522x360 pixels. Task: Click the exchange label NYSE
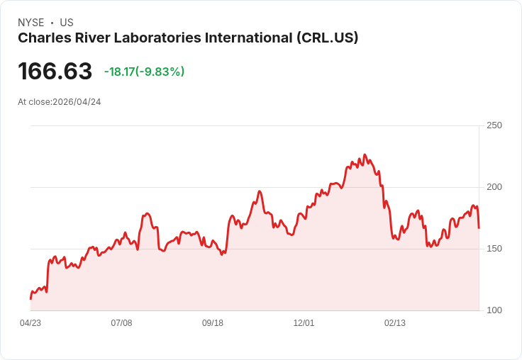tap(30, 23)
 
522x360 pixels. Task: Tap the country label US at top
tap(67, 23)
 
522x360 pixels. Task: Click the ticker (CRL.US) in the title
tap(327, 38)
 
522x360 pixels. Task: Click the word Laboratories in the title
tap(156, 38)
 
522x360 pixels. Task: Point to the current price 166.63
tap(55, 72)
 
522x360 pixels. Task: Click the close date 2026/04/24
tap(77, 102)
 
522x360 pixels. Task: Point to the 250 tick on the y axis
tap(494, 125)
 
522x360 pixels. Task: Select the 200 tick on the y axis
tap(494, 187)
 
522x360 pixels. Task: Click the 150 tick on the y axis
tap(494, 249)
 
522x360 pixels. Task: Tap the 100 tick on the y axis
tap(494, 310)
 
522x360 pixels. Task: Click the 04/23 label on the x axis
tap(30, 323)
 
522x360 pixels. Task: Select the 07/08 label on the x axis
tap(121, 323)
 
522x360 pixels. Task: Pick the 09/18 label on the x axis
tap(213, 323)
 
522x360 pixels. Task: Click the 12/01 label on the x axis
tap(304, 323)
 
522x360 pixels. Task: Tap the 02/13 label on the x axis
tap(395, 323)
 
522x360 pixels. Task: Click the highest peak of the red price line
tap(365, 154)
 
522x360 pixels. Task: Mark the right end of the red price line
tap(479, 227)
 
